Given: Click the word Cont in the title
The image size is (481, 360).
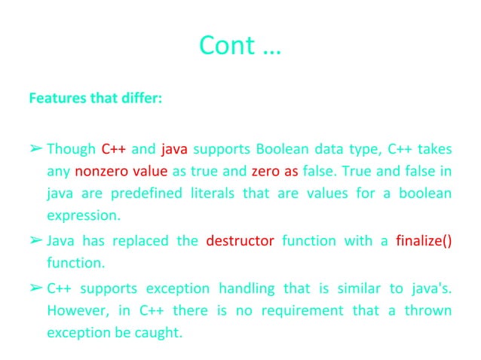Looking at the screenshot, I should pos(224,46).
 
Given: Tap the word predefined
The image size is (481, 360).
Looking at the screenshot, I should pos(143,194).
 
